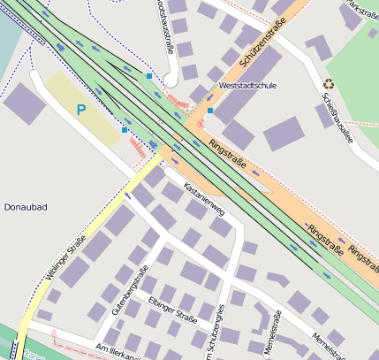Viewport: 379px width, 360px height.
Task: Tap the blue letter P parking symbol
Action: (x=81, y=111)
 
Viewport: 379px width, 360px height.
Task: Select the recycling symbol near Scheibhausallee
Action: (x=329, y=84)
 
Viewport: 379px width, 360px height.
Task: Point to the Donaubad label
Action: (x=26, y=207)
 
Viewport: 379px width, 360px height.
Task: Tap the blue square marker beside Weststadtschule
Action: (x=210, y=111)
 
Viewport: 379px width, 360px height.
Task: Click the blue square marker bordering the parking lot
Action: (x=125, y=130)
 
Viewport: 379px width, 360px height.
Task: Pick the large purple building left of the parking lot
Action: (x=24, y=104)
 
